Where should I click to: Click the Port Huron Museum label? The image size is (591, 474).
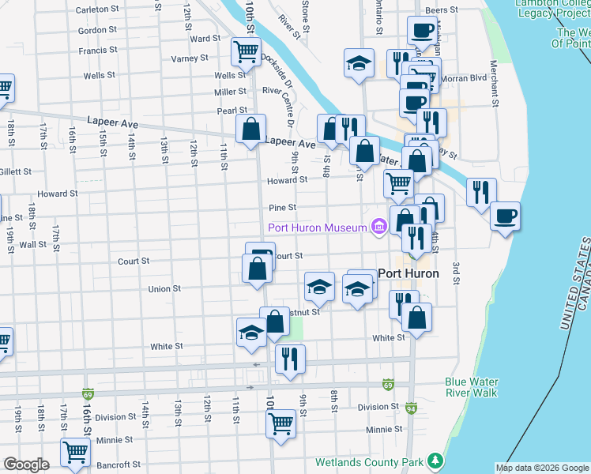tap(318, 228)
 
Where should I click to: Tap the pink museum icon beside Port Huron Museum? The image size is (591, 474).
tap(378, 228)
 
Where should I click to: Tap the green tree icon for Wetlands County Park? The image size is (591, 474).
tap(433, 460)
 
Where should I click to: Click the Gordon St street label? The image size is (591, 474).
tap(98, 31)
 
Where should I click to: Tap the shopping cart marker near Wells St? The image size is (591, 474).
tap(246, 52)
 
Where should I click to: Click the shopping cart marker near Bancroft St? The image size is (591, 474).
tap(75, 453)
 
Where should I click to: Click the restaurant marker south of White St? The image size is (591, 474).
tap(290, 359)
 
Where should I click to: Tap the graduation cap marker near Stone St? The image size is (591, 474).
tap(359, 62)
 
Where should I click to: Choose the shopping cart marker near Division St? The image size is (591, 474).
tap(281, 423)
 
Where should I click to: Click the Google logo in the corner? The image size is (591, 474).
tap(26, 465)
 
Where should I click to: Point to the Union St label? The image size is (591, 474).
tap(164, 289)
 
